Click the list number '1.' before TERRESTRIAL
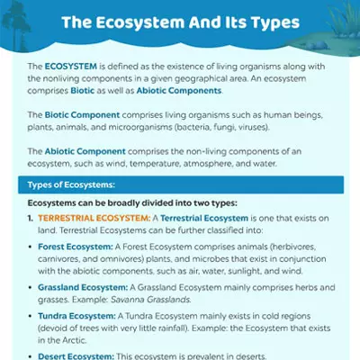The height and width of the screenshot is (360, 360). tap(31, 219)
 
